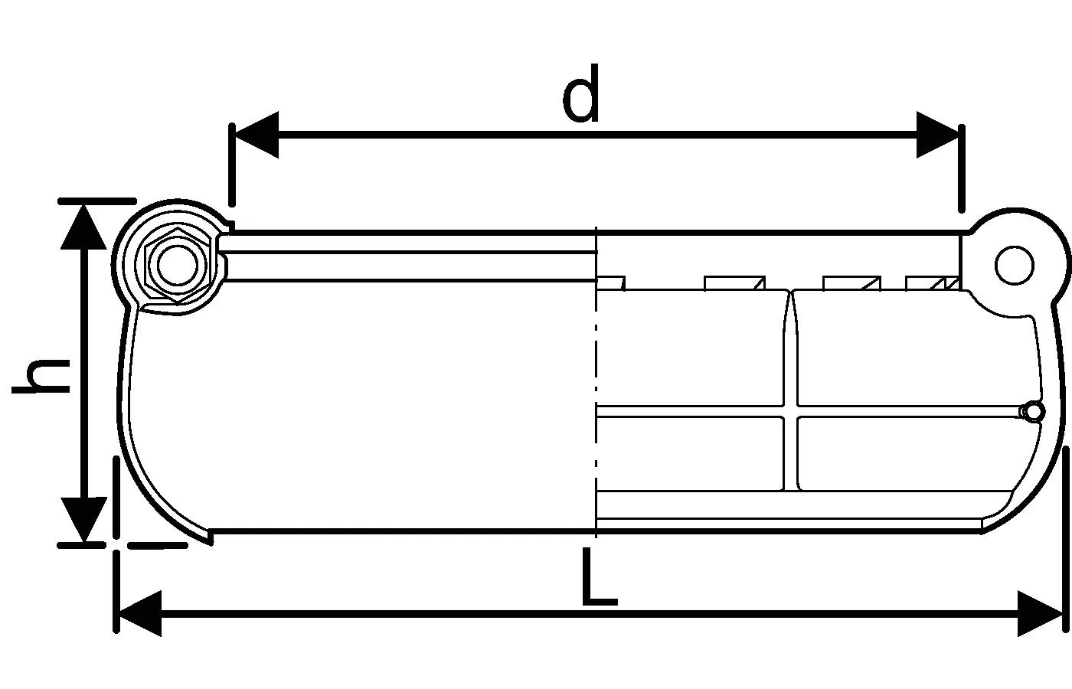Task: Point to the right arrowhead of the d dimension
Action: click(x=937, y=135)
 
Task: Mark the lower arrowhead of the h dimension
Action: click(x=83, y=520)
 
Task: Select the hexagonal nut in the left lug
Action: click(x=177, y=265)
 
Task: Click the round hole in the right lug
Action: click(x=1015, y=265)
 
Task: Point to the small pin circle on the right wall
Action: click(x=1033, y=412)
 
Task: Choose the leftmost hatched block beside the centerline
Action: click(x=610, y=283)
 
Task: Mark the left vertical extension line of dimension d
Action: click(x=231, y=165)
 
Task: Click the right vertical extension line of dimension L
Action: click(x=1067, y=536)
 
